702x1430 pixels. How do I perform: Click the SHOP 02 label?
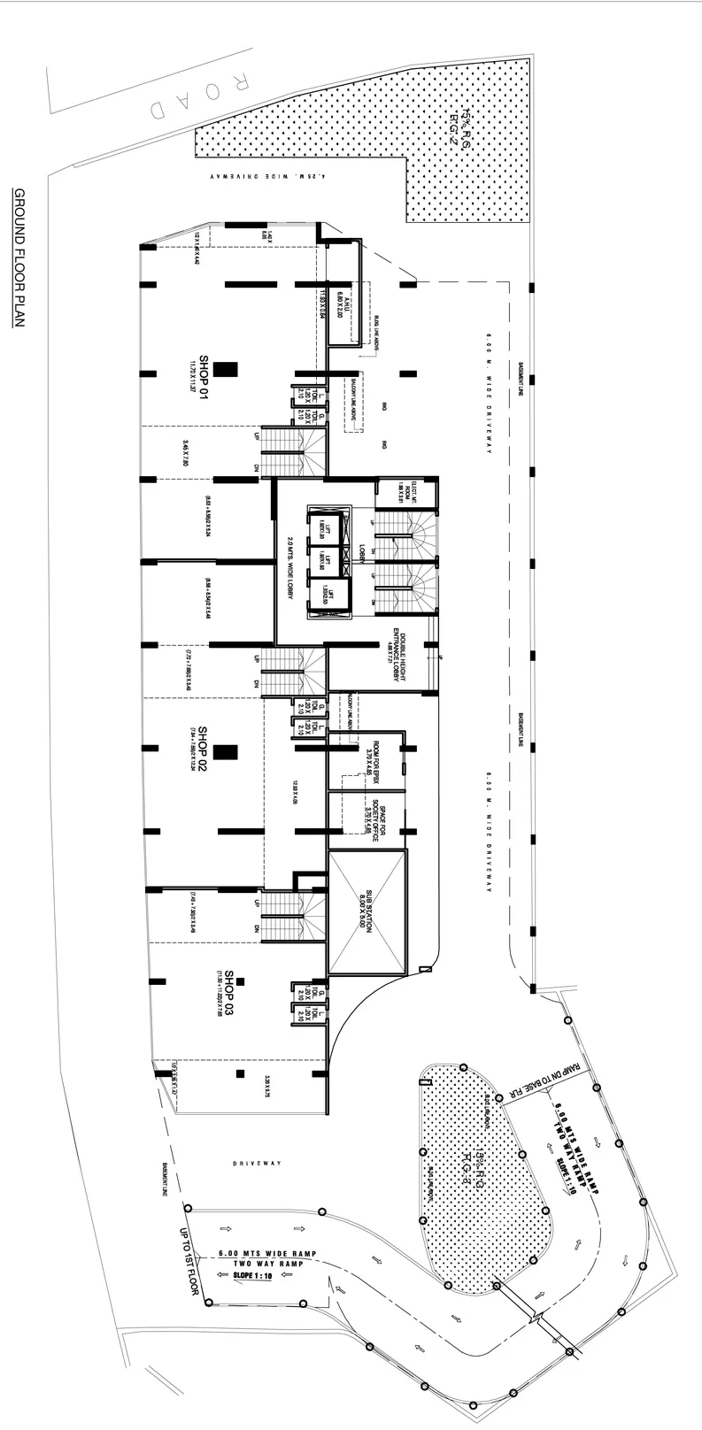[203, 750]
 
